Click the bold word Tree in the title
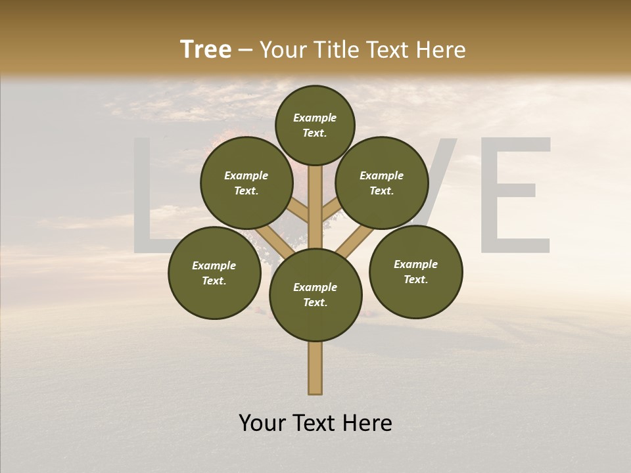206,49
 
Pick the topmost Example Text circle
315,125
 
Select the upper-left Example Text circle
246,183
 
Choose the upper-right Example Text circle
382,183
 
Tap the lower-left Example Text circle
214,273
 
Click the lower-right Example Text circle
415,271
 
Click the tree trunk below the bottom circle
315,368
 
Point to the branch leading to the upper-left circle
299,212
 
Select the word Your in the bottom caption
263,422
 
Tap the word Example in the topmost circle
315,118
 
